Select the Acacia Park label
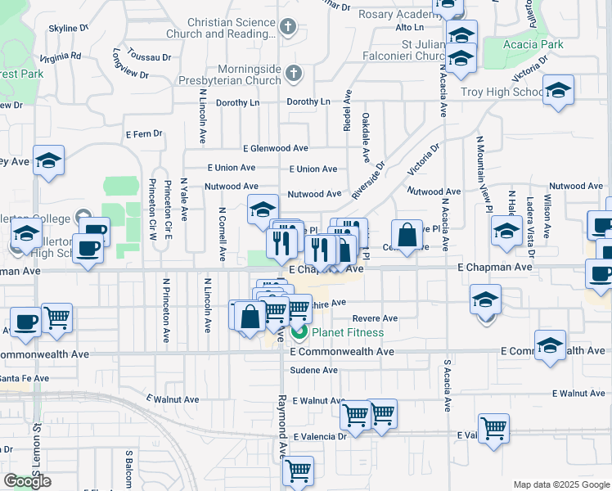[x=534, y=43]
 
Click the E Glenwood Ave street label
[x=275, y=148]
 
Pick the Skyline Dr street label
[x=68, y=28]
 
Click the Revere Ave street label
[x=375, y=318]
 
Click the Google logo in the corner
[x=27, y=481]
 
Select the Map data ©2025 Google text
[x=560, y=484]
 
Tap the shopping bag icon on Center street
[x=407, y=236]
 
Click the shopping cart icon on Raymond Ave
[x=298, y=471]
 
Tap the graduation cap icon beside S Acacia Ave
[x=485, y=300]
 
